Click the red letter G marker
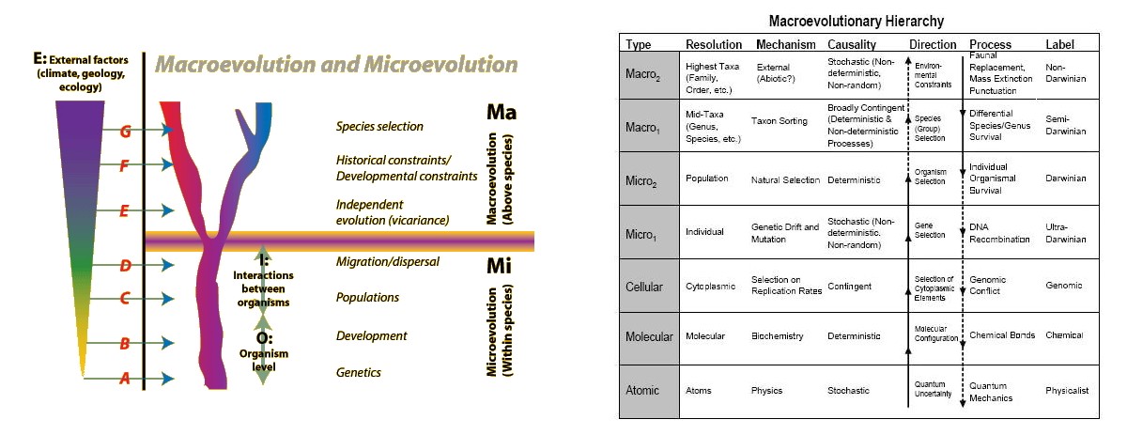(x=123, y=132)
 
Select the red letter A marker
(x=123, y=379)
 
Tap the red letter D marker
(x=123, y=265)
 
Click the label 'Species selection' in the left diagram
(x=379, y=127)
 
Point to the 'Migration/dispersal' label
(x=388, y=262)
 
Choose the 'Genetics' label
(x=359, y=373)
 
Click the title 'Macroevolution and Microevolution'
(x=336, y=65)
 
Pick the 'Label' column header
(x=1059, y=44)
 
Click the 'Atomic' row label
(x=642, y=390)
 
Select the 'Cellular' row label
(x=644, y=285)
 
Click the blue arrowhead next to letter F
(x=169, y=165)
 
